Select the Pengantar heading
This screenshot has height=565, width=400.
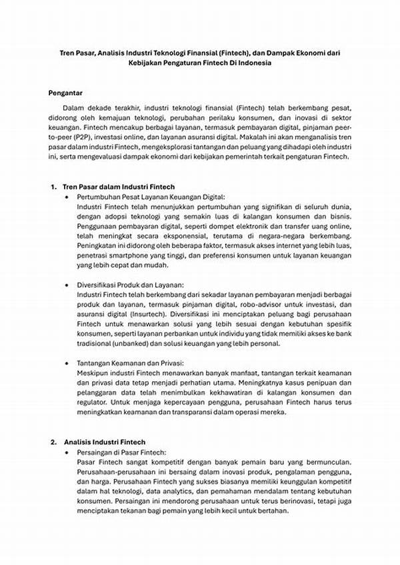coord(67,91)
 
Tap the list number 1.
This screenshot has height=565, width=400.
coord(53,187)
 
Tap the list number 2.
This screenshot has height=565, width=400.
coord(53,442)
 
